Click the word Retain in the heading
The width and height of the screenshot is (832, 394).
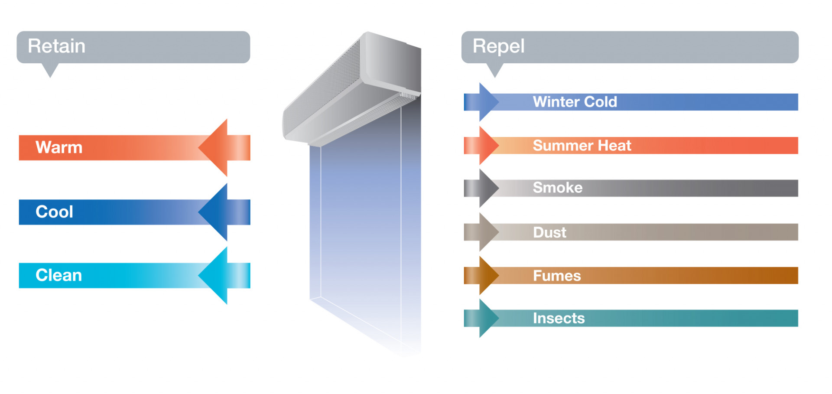[x=56, y=46]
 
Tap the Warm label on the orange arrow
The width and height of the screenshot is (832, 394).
[x=59, y=147]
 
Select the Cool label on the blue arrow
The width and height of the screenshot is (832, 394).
[x=54, y=212]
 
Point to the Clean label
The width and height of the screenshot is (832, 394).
[x=58, y=275]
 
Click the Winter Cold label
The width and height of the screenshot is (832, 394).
[x=575, y=102]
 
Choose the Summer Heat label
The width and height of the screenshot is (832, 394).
[x=582, y=146]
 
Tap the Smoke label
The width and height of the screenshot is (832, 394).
[x=557, y=188]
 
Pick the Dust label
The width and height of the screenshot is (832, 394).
[x=549, y=232]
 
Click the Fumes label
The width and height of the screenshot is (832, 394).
[x=556, y=276]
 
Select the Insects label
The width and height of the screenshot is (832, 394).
[x=559, y=318]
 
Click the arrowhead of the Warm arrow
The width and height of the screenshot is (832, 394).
[x=214, y=147]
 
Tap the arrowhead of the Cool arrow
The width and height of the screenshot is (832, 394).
[x=214, y=212]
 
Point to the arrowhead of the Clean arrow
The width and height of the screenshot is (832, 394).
[x=214, y=275]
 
